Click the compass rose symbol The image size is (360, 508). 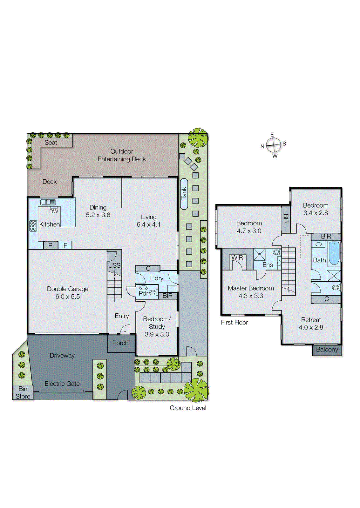pyautogui.click(x=274, y=145)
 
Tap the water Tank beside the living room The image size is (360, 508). pyautogui.click(x=184, y=194)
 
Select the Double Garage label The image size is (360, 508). pyautogui.click(x=67, y=289)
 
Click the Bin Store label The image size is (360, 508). pyautogui.click(x=23, y=392)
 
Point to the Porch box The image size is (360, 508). pyautogui.click(x=120, y=343)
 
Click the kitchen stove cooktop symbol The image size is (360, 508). pyautogui.click(x=33, y=225)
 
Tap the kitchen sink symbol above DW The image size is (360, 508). pyautogui.click(x=48, y=202)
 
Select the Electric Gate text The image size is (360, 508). pyautogui.click(x=62, y=384)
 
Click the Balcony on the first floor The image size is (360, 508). pyautogui.click(x=327, y=350)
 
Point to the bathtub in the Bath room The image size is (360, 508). pyautogui.click(x=334, y=253)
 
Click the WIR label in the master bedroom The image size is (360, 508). pyautogui.click(x=237, y=257)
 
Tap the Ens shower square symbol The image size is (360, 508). pyautogui.click(x=260, y=254)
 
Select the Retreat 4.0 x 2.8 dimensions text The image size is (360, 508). pyautogui.click(x=311, y=327)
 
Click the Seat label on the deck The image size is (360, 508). pyautogui.click(x=51, y=143)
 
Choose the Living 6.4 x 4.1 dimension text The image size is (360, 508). pyautogui.click(x=148, y=224)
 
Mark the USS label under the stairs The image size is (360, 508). pyautogui.click(x=114, y=265)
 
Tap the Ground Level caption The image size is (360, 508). pyautogui.click(x=188, y=408)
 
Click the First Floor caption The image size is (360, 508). pyautogui.click(x=234, y=323)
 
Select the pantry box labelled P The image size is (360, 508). pyautogui.click(x=50, y=245)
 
